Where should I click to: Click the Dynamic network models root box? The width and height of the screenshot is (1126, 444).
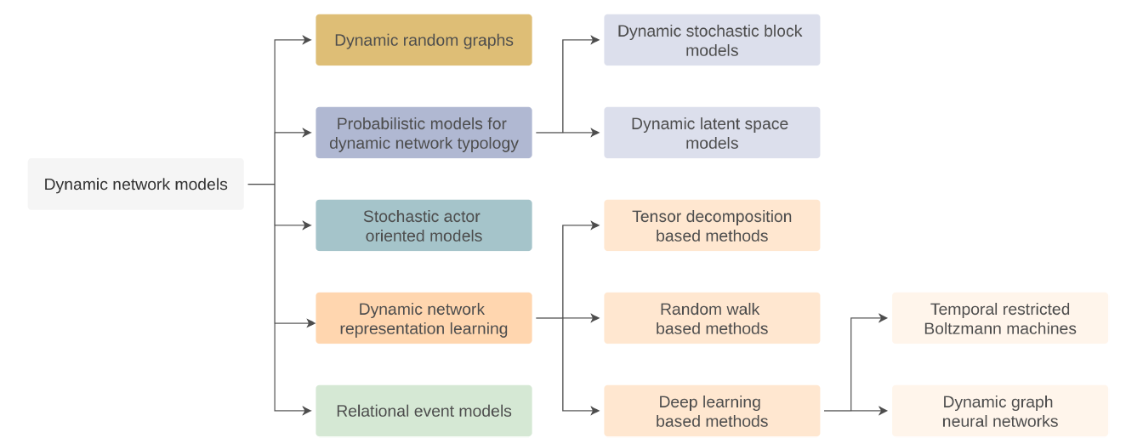(135, 184)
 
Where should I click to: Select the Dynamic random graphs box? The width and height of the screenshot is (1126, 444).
(424, 40)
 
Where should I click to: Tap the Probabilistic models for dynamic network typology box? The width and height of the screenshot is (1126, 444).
(424, 133)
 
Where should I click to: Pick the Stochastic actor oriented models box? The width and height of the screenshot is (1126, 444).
(424, 225)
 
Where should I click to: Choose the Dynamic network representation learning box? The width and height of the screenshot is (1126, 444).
(424, 318)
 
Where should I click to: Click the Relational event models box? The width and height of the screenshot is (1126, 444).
(424, 411)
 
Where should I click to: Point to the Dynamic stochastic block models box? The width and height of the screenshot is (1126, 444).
(712, 40)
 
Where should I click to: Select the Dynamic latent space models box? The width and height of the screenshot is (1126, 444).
(712, 133)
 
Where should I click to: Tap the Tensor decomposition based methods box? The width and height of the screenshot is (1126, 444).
(712, 225)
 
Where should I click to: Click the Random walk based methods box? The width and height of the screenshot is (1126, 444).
(712, 318)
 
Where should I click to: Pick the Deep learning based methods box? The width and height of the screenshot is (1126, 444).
(712, 411)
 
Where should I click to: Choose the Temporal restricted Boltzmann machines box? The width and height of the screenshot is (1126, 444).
(999, 318)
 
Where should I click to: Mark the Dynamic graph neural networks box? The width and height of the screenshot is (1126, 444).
(999, 411)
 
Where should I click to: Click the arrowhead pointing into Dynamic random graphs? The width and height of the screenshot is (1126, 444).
(307, 40)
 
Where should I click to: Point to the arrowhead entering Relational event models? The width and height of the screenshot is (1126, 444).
(307, 411)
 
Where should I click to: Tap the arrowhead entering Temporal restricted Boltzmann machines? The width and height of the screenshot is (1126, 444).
(884, 318)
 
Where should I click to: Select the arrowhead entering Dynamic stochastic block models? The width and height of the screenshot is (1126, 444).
(595, 40)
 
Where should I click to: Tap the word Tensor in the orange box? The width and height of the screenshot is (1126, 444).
(656, 216)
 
